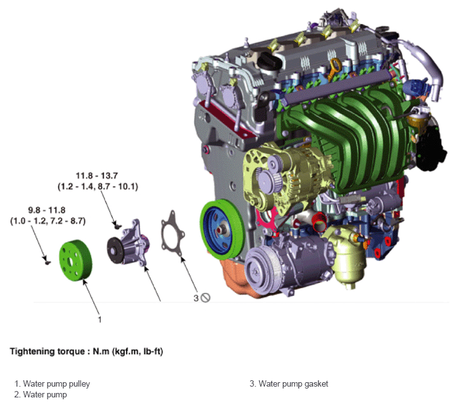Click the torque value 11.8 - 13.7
tap(96, 176)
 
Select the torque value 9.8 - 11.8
tap(47, 210)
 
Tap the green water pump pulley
tap(75, 260)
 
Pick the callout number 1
tap(99, 319)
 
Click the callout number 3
tap(196, 298)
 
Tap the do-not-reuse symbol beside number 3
tap(205, 298)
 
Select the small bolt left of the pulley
tap(47, 262)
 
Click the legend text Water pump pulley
tap(56, 384)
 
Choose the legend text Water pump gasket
tap(293, 384)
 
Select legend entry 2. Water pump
tap(41, 395)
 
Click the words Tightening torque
tap(48, 352)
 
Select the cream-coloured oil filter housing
tap(347, 255)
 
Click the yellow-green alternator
tap(285, 180)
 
